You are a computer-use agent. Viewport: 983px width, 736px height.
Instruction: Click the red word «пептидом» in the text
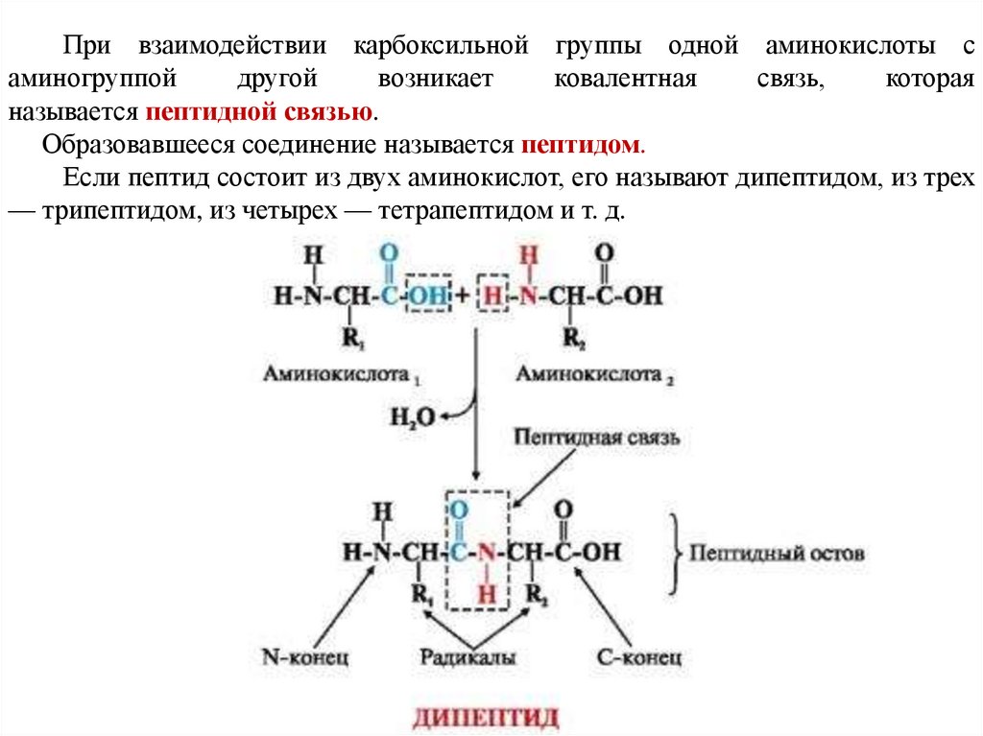[x=582, y=146]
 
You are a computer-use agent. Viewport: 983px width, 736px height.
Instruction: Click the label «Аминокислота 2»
[x=595, y=374]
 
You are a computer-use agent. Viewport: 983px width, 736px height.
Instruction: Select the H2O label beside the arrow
[x=412, y=415]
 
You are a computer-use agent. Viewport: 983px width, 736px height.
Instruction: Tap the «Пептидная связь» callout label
[x=597, y=438]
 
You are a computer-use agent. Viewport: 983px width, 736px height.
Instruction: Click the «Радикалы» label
[x=468, y=657]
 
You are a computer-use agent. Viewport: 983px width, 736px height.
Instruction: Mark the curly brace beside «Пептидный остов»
[x=674, y=554]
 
